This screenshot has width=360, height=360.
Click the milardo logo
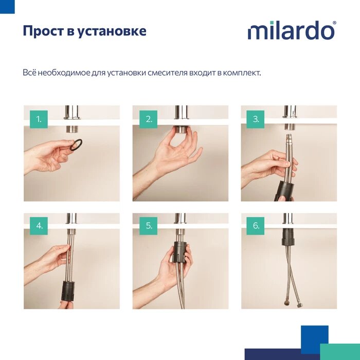291,31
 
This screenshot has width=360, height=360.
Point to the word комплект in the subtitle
241,73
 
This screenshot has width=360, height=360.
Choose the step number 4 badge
39,225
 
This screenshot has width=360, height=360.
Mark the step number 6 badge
256,225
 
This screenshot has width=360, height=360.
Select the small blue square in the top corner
7,6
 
